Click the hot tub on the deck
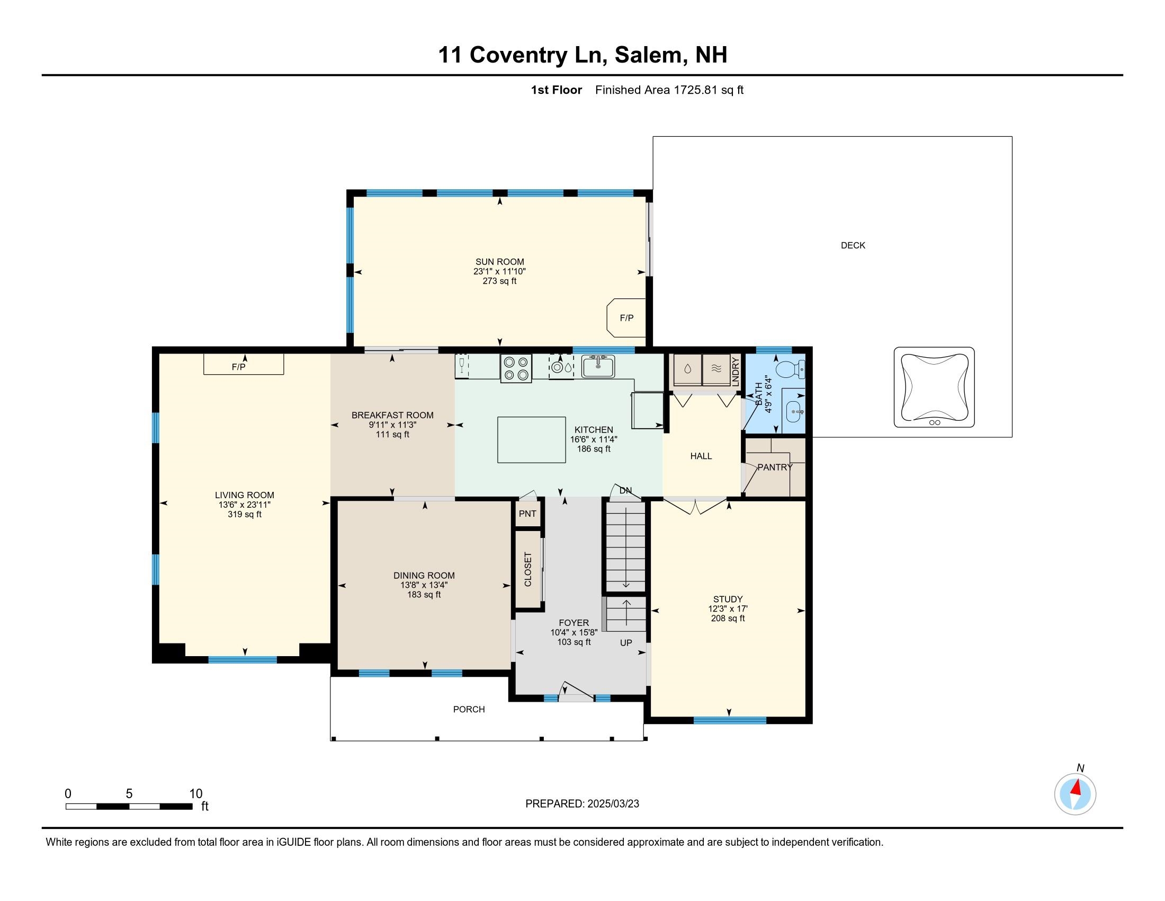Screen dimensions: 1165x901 [934, 387]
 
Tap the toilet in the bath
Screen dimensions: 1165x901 [790, 369]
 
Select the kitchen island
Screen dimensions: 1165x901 [531, 440]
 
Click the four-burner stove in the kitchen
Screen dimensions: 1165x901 [516, 368]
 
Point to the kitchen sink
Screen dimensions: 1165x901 [598, 366]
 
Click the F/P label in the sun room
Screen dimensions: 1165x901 [627, 318]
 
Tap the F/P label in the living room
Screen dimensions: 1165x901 [238, 367]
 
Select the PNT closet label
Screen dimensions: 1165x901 [527, 514]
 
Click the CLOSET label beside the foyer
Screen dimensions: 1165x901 [528, 570]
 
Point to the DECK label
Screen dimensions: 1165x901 [853, 245]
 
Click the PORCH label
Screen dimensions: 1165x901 [469, 709]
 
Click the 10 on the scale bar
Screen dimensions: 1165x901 [196, 794]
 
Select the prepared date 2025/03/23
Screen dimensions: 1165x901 [613, 804]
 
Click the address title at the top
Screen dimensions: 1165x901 [582, 55]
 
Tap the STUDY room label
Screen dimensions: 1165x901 [728, 599]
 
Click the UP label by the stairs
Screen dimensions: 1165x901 [626, 643]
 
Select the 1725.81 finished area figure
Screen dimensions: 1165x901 [696, 90]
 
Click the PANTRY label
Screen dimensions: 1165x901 [775, 467]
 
